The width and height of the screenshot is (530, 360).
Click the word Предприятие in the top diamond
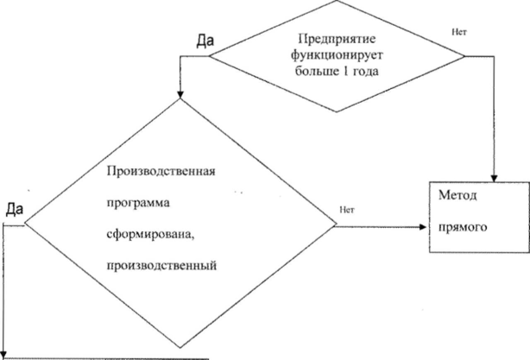pos(337,38)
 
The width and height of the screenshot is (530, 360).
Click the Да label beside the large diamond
pos(14,209)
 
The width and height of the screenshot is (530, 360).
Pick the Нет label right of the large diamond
pos(350,208)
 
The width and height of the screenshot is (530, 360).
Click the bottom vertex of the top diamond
pos(337,111)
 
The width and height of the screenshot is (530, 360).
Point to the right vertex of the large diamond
pos(337,227)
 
